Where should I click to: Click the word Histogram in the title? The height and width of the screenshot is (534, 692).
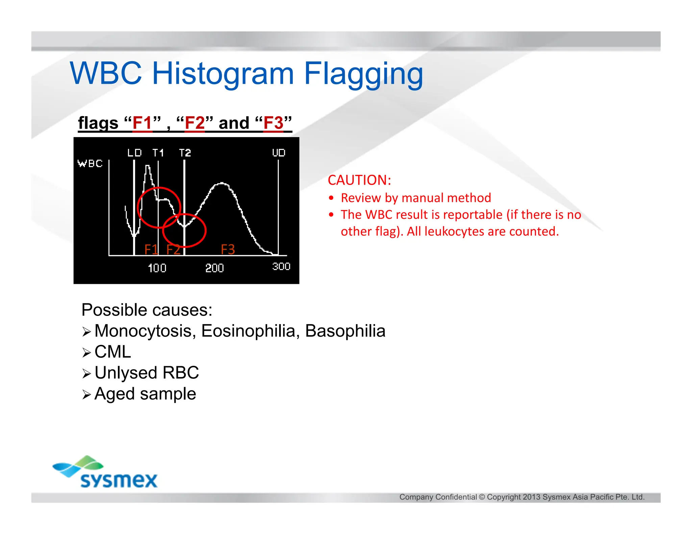click(x=223, y=74)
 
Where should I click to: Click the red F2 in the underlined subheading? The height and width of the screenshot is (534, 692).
click(x=195, y=123)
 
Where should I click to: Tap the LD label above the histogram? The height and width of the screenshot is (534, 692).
click(x=134, y=153)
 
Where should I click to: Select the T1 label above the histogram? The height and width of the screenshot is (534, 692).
click(x=158, y=153)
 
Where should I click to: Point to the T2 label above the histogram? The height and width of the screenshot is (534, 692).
click(x=185, y=153)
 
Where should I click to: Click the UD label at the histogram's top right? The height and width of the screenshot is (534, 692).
click(x=279, y=153)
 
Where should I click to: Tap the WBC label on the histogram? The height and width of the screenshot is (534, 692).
click(x=90, y=164)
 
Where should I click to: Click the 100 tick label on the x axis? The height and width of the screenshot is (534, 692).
click(x=157, y=268)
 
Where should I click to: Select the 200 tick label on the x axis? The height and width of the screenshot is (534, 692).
click(x=215, y=268)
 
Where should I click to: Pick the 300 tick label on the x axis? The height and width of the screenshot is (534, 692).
click(x=281, y=267)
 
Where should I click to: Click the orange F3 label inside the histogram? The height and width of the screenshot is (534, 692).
click(x=228, y=250)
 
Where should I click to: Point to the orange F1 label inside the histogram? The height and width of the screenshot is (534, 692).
click(x=151, y=250)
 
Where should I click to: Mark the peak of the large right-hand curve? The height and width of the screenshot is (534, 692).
click(x=222, y=183)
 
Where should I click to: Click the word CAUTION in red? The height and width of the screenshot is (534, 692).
click(x=359, y=180)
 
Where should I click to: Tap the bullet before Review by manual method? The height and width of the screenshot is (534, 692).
click(x=331, y=198)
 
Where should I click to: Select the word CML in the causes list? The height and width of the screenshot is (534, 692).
click(x=113, y=352)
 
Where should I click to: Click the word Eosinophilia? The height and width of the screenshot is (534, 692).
click(x=249, y=331)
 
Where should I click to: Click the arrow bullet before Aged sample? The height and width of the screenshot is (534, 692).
click(x=86, y=394)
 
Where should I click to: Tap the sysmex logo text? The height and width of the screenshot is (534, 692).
click(x=119, y=480)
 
